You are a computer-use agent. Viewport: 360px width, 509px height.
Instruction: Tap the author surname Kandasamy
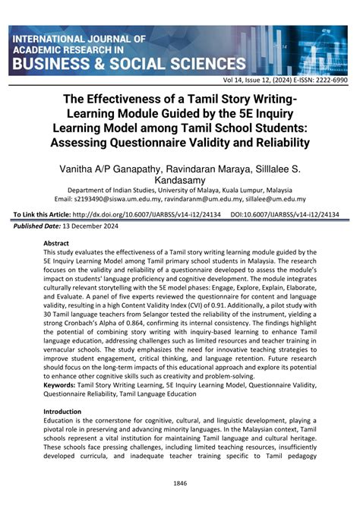pos(180,180)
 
